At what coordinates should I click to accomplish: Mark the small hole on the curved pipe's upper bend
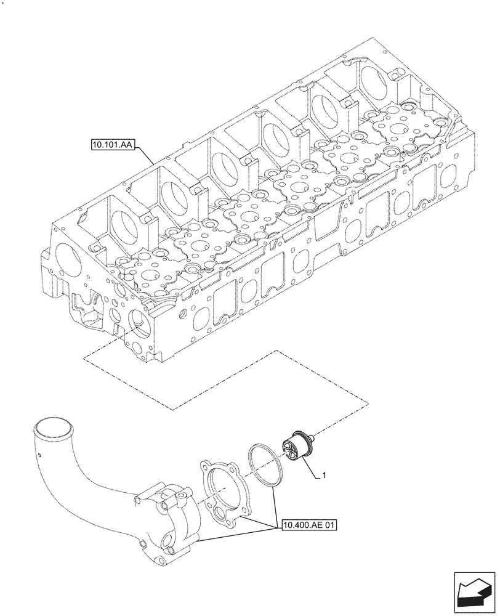[x=39, y=456]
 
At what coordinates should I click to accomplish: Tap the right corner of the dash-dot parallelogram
[x=368, y=403]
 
